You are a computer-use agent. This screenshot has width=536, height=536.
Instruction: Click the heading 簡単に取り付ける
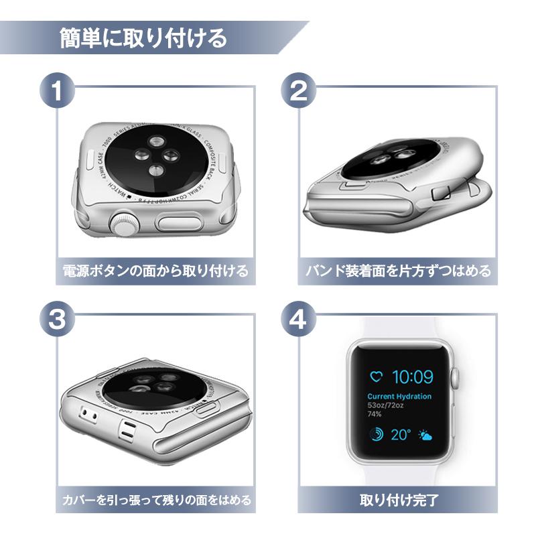tap(143, 38)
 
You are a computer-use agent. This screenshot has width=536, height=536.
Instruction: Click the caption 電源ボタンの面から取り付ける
tap(155, 271)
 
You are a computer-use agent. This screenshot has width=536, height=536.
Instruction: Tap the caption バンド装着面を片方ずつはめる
tap(398, 271)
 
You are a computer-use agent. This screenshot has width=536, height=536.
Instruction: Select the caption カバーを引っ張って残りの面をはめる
tap(155, 500)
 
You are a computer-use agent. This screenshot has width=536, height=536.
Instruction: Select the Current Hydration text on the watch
tap(399, 396)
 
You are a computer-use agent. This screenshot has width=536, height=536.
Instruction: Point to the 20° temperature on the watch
tap(401, 435)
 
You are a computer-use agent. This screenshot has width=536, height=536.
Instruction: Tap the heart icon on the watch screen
tap(377, 377)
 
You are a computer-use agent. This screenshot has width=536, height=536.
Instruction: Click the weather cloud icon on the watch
tap(425, 435)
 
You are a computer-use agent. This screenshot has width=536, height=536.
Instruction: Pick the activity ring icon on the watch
tap(377, 435)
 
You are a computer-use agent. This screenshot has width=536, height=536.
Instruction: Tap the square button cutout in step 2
tap(442, 194)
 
